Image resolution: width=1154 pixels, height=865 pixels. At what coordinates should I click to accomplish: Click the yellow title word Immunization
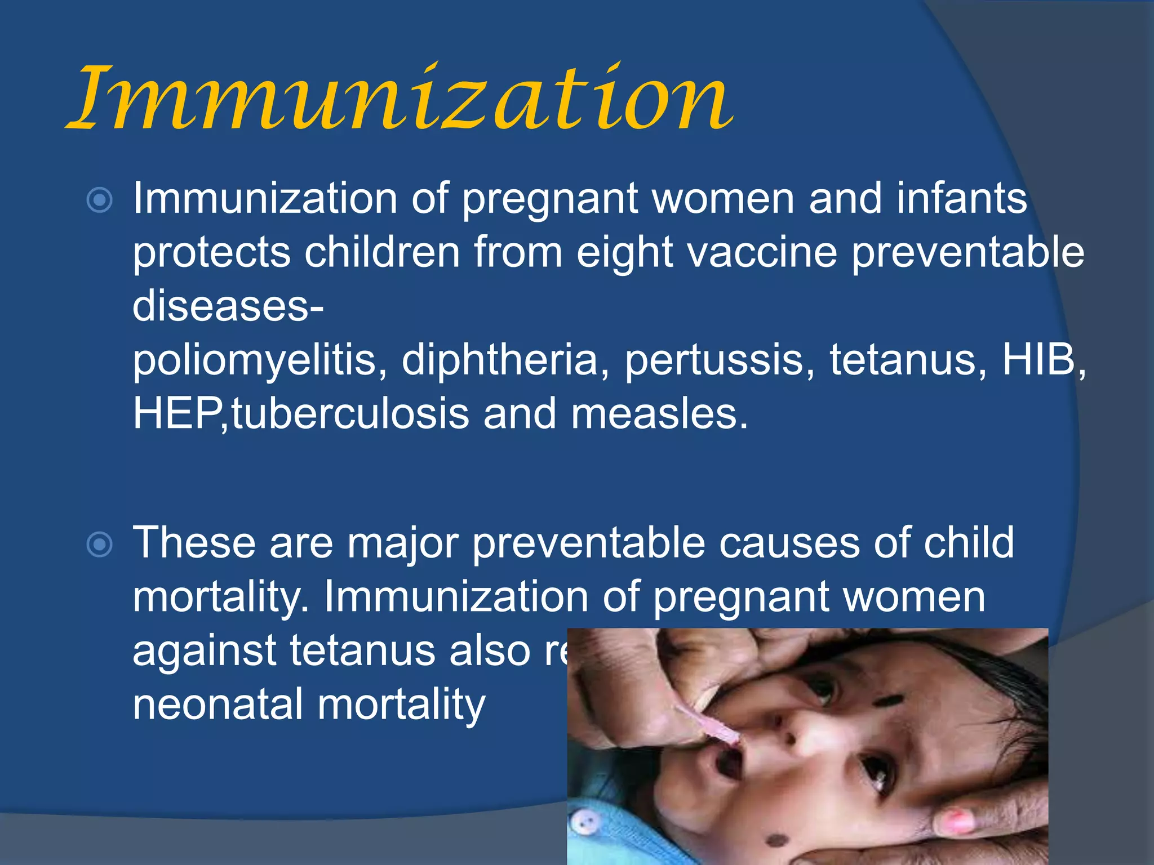tap(400, 99)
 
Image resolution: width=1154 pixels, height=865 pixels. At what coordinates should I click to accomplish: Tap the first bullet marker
tap(100, 200)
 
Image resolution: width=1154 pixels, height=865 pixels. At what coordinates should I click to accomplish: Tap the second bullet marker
tap(100, 544)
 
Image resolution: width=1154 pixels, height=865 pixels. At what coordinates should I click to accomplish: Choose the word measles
tap(659, 414)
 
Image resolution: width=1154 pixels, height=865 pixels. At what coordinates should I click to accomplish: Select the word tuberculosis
tap(350, 414)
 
